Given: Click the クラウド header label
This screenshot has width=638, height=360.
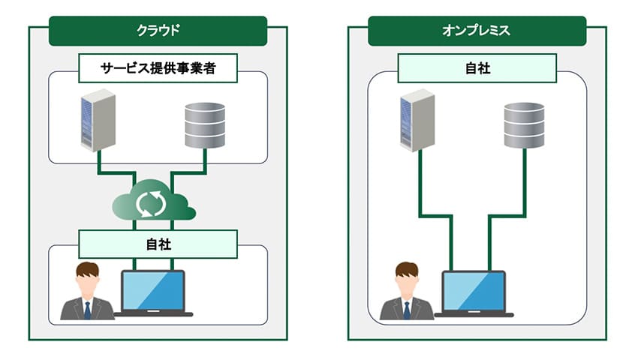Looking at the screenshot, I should pos(158,31).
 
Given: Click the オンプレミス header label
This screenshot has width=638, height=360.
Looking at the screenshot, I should pos(477,31).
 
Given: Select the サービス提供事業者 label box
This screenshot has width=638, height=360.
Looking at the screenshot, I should pos(158,70).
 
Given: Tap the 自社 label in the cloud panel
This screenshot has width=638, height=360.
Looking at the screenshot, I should pos(158,244).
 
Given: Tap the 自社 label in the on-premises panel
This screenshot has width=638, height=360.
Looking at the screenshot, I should pos(477,68).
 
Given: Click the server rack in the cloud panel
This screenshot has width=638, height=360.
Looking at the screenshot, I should pos(97,120).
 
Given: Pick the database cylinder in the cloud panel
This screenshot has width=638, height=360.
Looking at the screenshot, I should pos(204,124).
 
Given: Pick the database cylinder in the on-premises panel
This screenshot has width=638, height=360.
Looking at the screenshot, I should pos(524,124).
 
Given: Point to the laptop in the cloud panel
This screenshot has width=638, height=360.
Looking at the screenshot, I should pos(153,292).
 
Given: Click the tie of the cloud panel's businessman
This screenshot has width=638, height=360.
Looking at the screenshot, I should pos(87,309).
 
